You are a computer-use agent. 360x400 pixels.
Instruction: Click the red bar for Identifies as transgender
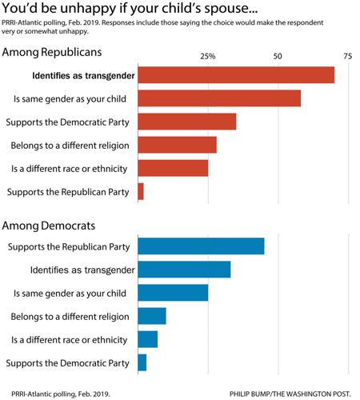[x=236, y=75]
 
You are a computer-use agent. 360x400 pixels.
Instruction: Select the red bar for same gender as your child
[x=219, y=98]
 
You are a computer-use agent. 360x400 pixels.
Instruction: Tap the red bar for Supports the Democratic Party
[x=187, y=122]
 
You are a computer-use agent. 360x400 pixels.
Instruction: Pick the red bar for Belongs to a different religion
[x=178, y=145]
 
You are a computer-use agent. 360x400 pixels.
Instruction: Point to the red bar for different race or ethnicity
[x=173, y=168]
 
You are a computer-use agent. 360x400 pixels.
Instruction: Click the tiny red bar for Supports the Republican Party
[x=141, y=191]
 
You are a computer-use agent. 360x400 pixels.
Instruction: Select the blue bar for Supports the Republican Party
[x=201, y=246]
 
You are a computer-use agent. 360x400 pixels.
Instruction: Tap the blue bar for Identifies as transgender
[x=184, y=270]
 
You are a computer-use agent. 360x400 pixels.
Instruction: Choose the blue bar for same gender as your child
[x=173, y=293]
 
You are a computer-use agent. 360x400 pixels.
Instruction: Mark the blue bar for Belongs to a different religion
[x=152, y=316]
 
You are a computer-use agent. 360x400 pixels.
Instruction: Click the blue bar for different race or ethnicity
[x=148, y=339]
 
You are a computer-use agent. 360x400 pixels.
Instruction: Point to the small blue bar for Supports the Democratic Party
[x=142, y=362]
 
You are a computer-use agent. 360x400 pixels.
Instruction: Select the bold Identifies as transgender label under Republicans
[x=82, y=76]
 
